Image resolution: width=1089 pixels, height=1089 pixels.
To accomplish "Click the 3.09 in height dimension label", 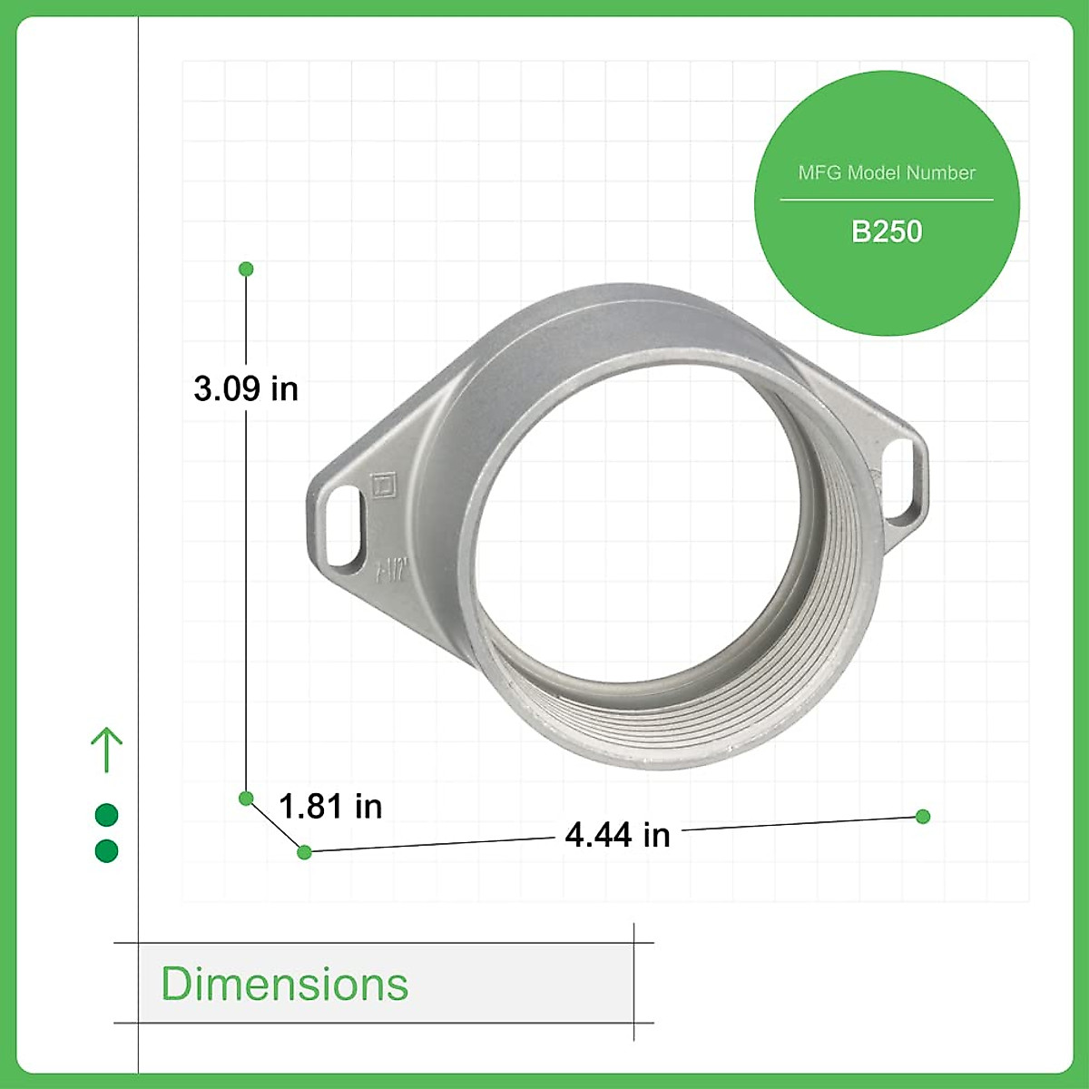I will (246, 388).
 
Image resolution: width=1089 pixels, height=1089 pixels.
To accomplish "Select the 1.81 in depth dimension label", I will (330, 806).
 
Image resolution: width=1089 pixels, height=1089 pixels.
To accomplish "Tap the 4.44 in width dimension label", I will (617, 835).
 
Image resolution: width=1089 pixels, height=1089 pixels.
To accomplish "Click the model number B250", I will (887, 231).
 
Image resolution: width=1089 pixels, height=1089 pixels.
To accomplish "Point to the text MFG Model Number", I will (887, 172).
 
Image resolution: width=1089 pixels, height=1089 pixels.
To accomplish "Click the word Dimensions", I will (285, 984).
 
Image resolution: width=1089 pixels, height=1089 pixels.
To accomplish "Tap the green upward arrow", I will (107, 750).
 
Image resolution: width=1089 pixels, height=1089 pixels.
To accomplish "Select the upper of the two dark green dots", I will (107, 815).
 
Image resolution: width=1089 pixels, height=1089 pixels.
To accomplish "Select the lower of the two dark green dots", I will (107, 851).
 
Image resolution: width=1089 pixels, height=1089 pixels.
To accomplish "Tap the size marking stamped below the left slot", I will (393, 570).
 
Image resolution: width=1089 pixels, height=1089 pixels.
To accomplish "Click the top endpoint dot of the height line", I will (246, 270).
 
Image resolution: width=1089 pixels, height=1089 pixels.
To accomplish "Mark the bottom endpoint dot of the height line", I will (246, 799).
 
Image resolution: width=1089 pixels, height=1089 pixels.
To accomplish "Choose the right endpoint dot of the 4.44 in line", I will (923, 817).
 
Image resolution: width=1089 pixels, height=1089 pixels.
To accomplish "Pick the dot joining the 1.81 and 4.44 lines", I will (305, 852).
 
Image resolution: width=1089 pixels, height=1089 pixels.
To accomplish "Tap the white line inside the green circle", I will (887, 200).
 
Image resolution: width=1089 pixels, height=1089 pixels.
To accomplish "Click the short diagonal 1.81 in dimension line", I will (275, 825).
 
